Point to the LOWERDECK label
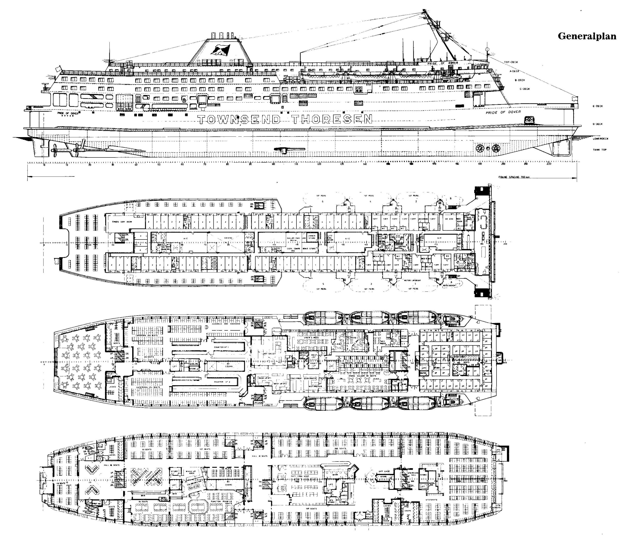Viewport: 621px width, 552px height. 600,139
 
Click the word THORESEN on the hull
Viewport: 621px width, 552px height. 332,119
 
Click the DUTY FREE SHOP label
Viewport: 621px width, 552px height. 298,476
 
